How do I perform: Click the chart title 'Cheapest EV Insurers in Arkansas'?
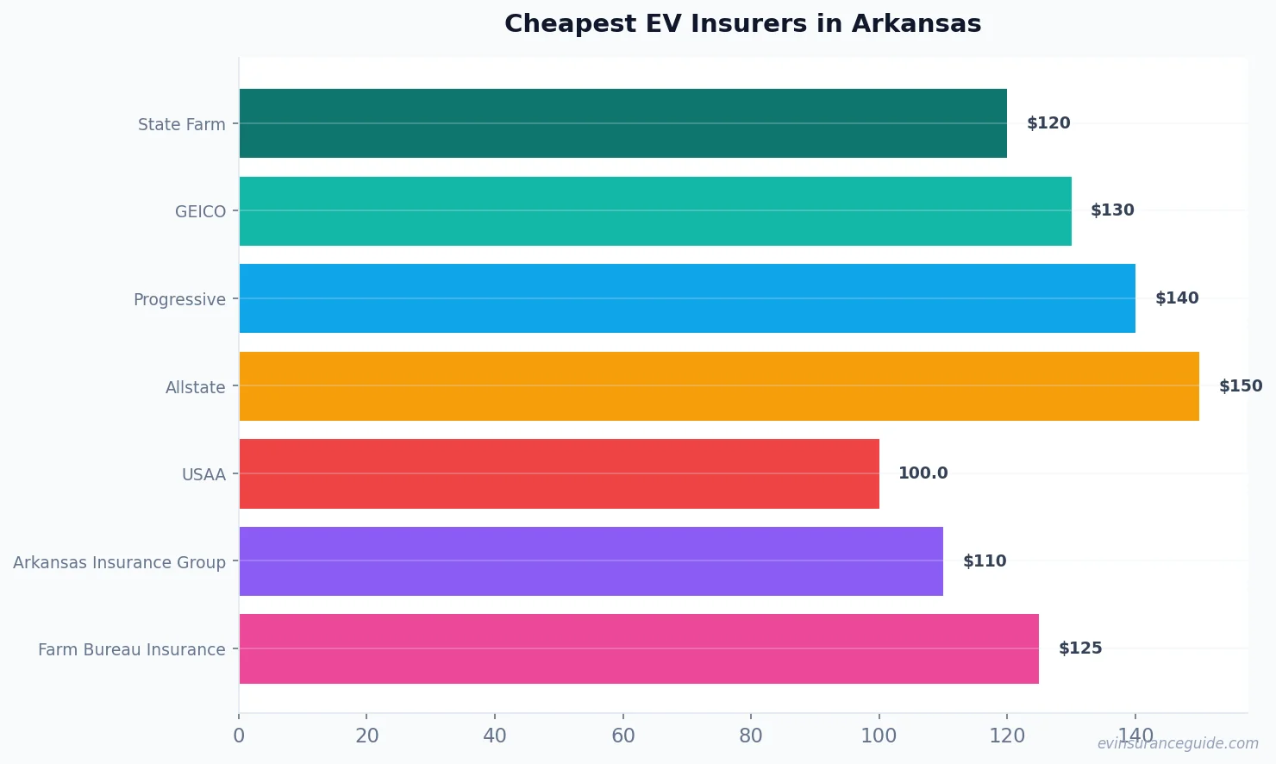pyautogui.click(x=742, y=24)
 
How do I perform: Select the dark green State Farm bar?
pyautogui.click(x=622, y=123)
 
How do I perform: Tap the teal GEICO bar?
pyautogui.click(x=655, y=211)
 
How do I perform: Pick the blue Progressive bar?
pyautogui.click(x=687, y=298)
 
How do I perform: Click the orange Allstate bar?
pyautogui.click(x=719, y=386)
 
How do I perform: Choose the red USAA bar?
pyautogui.click(x=559, y=473)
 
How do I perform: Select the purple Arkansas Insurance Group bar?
pyautogui.click(x=591, y=561)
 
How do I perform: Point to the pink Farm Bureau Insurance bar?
pyautogui.click(x=639, y=648)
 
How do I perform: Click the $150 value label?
pyautogui.click(x=1240, y=386)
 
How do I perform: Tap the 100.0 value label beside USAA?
pyautogui.click(x=923, y=473)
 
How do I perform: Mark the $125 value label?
pyautogui.click(x=1079, y=648)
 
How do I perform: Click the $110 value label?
pyautogui.click(x=984, y=561)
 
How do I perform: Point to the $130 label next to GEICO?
pyautogui.click(x=1112, y=210)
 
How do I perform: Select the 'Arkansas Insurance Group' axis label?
pyautogui.click(x=119, y=562)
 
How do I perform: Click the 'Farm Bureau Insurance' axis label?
pyautogui.click(x=131, y=649)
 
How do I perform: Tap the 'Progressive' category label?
pyautogui.click(x=179, y=299)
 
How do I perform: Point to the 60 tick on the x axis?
pyautogui.click(x=622, y=736)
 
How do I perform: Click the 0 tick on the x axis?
pyautogui.click(x=239, y=736)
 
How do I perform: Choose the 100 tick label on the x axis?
pyautogui.click(x=879, y=736)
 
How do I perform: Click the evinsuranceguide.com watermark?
pyautogui.click(x=1177, y=743)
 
